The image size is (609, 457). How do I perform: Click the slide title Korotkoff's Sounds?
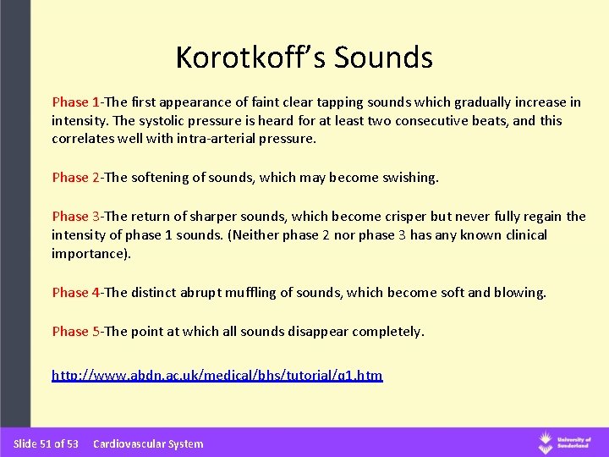(x=304, y=58)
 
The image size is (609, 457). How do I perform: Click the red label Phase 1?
(x=75, y=102)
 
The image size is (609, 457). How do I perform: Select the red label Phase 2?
(x=75, y=178)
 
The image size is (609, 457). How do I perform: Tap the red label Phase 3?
(x=75, y=217)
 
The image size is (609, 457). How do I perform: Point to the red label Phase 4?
(x=75, y=293)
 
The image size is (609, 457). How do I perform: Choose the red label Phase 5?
(x=75, y=332)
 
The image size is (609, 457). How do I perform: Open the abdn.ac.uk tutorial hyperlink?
(x=217, y=375)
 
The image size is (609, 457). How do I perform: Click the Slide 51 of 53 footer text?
(x=46, y=443)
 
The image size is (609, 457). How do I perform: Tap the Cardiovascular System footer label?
(x=148, y=443)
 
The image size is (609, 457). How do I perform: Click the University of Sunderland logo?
(x=564, y=442)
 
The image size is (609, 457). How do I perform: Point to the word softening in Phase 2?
(x=160, y=178)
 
